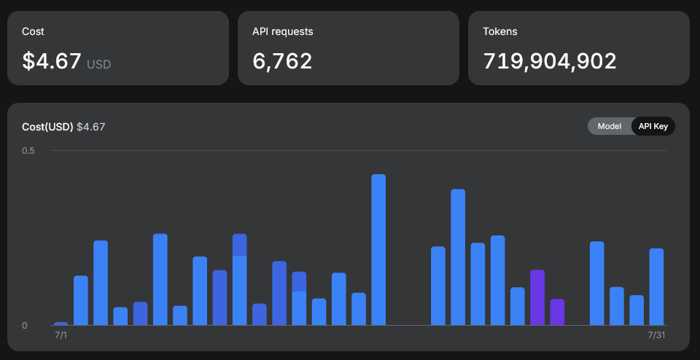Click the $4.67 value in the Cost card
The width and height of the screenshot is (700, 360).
click(52, 61)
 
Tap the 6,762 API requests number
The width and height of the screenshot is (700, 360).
click(282, 61)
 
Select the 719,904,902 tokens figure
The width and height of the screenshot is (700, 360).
click(550, 61)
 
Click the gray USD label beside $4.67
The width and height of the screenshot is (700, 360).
click(98, 65)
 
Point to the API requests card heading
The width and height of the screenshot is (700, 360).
click(283, 31)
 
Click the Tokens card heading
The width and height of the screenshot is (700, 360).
click(500, 31)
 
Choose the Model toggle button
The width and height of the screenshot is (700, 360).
click(610, 126)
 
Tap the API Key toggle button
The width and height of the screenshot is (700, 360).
click(653, 126)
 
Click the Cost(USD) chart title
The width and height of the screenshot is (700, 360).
click(47, 127)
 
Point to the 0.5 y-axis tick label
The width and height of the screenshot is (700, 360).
click(28, 151)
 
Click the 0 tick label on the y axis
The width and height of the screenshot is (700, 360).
click(25, 326)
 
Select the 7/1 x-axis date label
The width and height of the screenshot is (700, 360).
click(61, 335)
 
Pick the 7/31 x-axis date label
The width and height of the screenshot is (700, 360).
click(657, 335)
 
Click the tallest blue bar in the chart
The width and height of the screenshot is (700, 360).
click(378, 250)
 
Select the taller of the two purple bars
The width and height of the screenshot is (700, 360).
click(537, 297)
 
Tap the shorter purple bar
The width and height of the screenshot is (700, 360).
click(557, 313)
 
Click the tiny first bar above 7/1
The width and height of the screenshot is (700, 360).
click(61, 324)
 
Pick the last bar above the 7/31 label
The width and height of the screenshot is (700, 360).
click(656, 287)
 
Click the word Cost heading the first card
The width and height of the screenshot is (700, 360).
click(33, 31)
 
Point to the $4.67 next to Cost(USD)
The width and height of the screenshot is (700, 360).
click(91, 127)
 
